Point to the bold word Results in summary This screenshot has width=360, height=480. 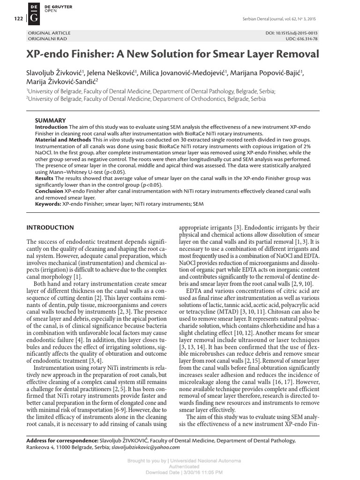point(45,179)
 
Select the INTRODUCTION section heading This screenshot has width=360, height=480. point(50,228)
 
